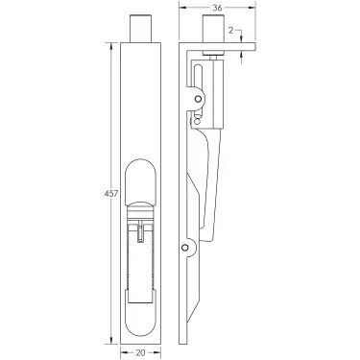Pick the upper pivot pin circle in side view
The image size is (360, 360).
coord(199,97)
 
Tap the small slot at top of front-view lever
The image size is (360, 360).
coord(142,232)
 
